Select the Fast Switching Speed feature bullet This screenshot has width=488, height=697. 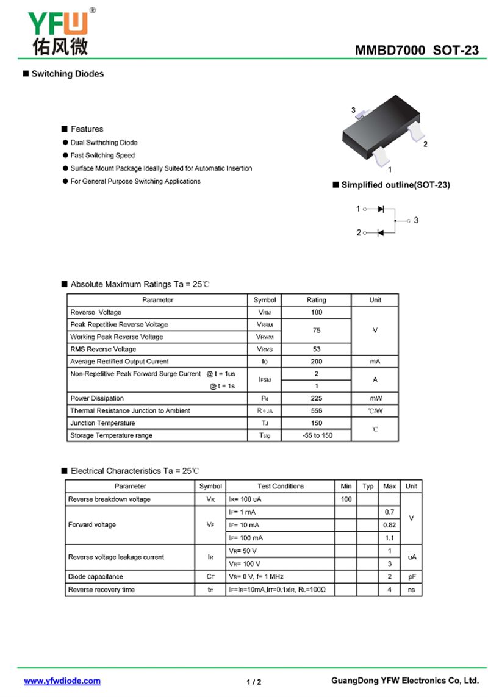point(102,155)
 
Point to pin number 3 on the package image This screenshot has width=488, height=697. point(353,110)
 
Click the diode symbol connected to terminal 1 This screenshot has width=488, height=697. point(381,209)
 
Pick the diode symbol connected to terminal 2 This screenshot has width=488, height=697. point(381,232)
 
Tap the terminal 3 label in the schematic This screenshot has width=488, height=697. point(416,220)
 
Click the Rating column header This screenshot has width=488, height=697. point(316,300)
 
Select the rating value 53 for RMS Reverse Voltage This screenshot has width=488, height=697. point(316,349)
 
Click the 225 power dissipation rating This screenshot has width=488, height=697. point(316,398)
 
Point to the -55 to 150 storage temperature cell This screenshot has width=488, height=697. point(317,435)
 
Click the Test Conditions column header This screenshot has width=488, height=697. point(281,486)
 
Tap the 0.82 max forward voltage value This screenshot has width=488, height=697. point(389,525)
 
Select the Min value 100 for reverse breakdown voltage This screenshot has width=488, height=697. point(346,499)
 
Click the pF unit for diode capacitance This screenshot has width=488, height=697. point(412,577)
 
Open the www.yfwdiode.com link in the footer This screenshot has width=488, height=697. point(62,681)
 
